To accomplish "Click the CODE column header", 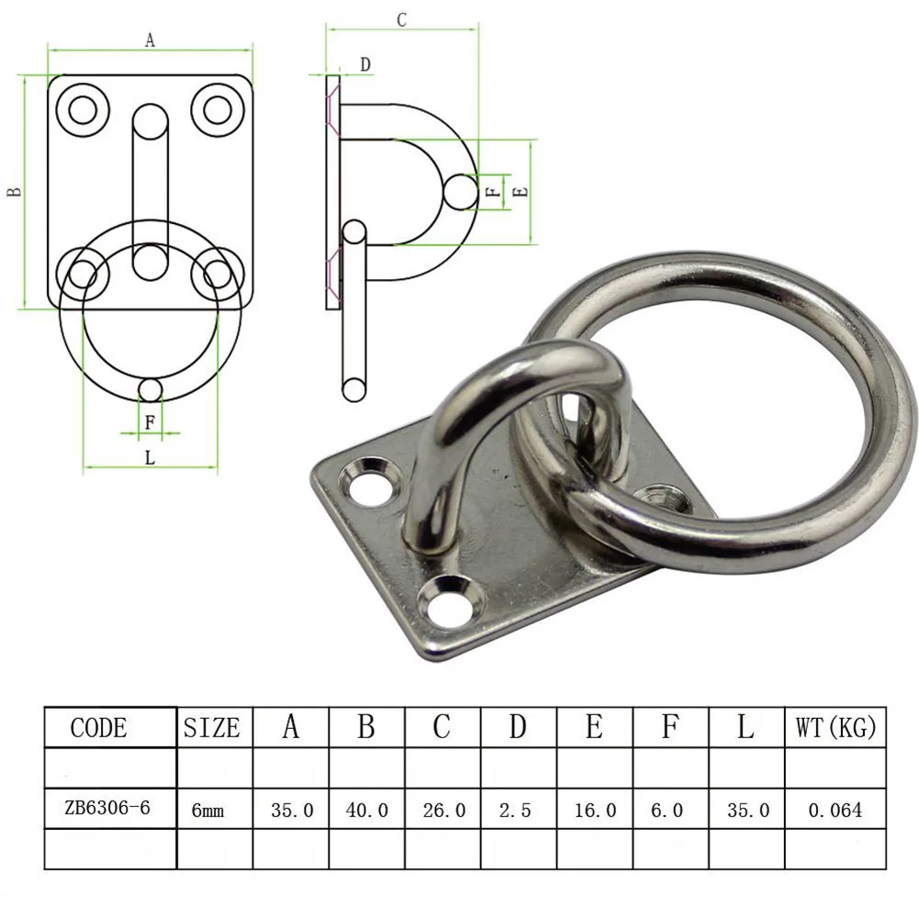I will (99, 728).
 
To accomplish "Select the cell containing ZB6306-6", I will (107, 809).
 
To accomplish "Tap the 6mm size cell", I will (207, 811).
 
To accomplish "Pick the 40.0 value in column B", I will (366, 810).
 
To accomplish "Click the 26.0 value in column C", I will (443, 810).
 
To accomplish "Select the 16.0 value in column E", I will (594, 810).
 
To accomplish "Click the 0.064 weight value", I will (835, 810).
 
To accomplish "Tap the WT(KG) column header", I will (835, 728).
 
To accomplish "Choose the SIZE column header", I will (212, 728).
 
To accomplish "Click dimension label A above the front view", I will (150, 39).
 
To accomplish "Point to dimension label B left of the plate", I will (14, 192).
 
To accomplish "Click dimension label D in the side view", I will (364, 64).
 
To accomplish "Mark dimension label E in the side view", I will (520, 192).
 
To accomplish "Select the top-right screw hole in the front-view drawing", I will (217, 109).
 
